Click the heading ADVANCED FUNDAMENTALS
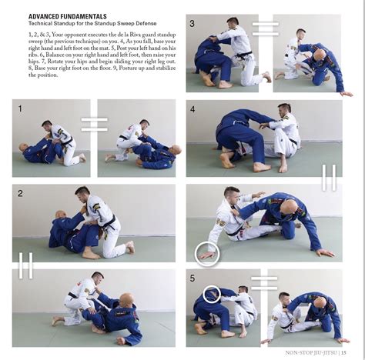coord(68,16)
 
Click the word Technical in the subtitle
coord(43,23)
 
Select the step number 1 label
coord(20,109)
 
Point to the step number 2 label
coord(20,193)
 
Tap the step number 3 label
coord(193,24)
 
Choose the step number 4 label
coord(193,109)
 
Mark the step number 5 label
coord(193,278)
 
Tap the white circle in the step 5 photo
coord(213,294)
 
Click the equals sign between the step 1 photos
coord(94,124)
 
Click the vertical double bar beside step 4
coord(329,176)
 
